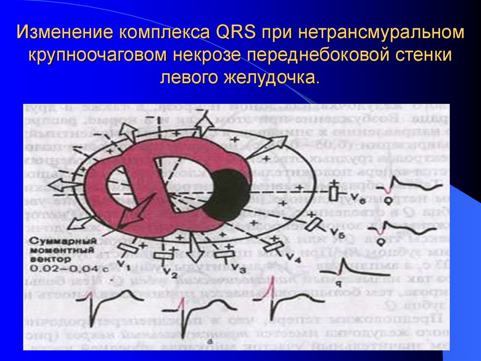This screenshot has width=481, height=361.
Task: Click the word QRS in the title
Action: pyautogui.click(x=236, y=33)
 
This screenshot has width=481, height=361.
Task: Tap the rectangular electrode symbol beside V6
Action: pyautogui.click(x=334, y=193)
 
